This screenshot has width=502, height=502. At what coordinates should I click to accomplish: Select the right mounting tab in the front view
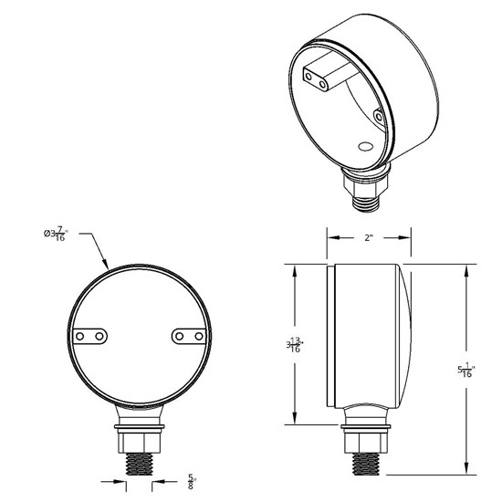(x=189, y=338)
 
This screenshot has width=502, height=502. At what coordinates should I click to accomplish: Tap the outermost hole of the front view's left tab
(x=80, y=337)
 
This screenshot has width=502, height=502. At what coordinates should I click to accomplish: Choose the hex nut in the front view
(x=139, y=436)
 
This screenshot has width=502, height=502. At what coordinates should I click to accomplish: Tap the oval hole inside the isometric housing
(x=365, y=145)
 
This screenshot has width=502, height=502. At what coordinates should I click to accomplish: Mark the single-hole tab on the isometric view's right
(x=380, y=114)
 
